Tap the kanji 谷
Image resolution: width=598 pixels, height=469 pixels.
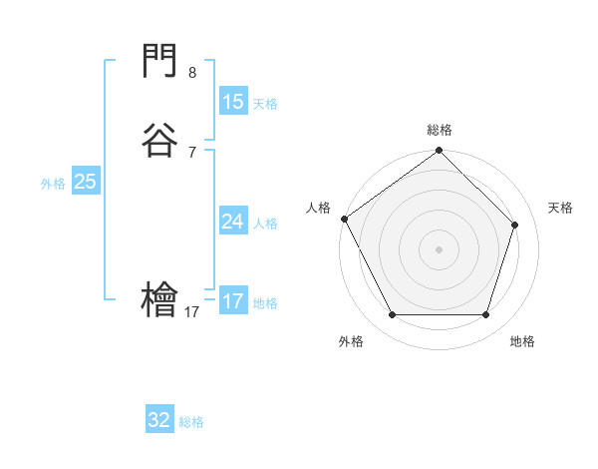tap(159, 141)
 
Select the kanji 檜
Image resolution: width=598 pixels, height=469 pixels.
tap(159, 300)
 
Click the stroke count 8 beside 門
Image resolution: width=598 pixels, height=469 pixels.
tap(192, 73)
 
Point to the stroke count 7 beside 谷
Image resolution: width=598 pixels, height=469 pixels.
tap(192, 152)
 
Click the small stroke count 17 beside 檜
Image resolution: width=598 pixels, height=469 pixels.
tap(192, 312)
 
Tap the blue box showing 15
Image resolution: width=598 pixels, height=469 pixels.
tap(233, 102)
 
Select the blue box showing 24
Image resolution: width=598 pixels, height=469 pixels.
tap(233, 222)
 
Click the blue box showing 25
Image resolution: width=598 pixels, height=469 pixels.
tap(86, 182)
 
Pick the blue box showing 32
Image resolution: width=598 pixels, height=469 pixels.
tap(159, 420)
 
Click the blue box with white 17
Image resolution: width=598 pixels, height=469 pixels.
tap(233, 301)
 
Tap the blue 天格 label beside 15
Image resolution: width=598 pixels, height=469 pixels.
tap(265, 104)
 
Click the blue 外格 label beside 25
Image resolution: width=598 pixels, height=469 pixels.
tap(53, 184)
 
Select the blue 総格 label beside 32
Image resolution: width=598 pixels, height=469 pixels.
tap(191, 422)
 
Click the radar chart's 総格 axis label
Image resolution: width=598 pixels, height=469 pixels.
tap(440, 130)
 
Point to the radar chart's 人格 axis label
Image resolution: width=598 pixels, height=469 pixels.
tap(319, 208)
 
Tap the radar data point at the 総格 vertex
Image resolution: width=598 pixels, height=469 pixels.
tap(440, 152)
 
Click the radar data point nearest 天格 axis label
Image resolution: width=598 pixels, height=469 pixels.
tap(515, 225)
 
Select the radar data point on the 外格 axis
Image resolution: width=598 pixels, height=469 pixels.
tap(392, 315)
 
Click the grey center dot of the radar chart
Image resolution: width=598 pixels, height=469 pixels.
tap(440, 248)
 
